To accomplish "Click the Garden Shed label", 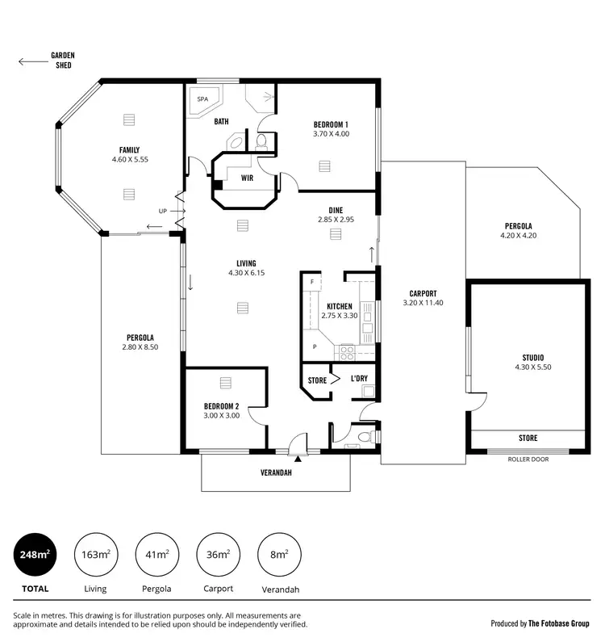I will (x=62, y=60).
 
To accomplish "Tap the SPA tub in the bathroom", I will (x=202, y=101).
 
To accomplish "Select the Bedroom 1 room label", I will (x=331, y=124).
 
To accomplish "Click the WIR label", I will (x=245, y=178).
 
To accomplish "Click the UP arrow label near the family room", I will (x=164, y=211).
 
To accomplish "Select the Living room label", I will (x=246, y=263).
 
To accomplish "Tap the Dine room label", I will (x=336, y=210).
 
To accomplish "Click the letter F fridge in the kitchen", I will (x=311, y=281).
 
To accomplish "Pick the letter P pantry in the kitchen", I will (x=313, y=347).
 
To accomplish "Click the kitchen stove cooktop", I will (x=346, y=351).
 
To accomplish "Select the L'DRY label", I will (x=359, y=379).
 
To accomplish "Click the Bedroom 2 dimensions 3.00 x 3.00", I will (x=221, y=416).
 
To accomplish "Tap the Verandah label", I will (x=275, y=473).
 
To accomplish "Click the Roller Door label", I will (x=527, y=459).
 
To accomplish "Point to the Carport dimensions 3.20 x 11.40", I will (x=423, y=303).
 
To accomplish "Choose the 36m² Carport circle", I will (x=218, y=554).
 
